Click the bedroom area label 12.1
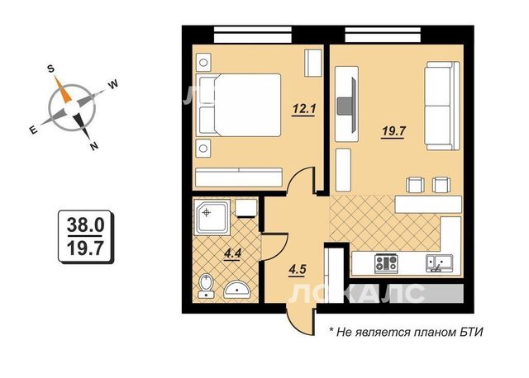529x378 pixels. [x=303, y=109]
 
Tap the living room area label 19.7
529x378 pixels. [x=393, y=131]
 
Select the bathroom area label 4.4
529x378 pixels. [x=232, y=253]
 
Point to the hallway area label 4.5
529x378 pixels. [x=298, y=270]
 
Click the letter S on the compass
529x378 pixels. [x=50, y=69]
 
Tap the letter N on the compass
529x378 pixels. [x=93, y=146]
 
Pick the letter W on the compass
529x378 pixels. [x=113, y=84]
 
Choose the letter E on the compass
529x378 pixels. [x=33, y=130]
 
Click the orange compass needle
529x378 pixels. [x=64, y=90]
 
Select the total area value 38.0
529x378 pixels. [x=85, y=224]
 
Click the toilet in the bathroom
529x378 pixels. [x=206, y=286]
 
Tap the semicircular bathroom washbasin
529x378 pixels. [x=237, y=290]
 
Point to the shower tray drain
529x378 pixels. [x=206, y=213]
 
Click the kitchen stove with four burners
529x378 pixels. [x=387, y=262]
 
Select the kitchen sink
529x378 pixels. [x=439, y=263]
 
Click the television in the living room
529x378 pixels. [x=348, y=105]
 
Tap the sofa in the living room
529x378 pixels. [x=442, y=106]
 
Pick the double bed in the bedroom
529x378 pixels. [x=240, y=105]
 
